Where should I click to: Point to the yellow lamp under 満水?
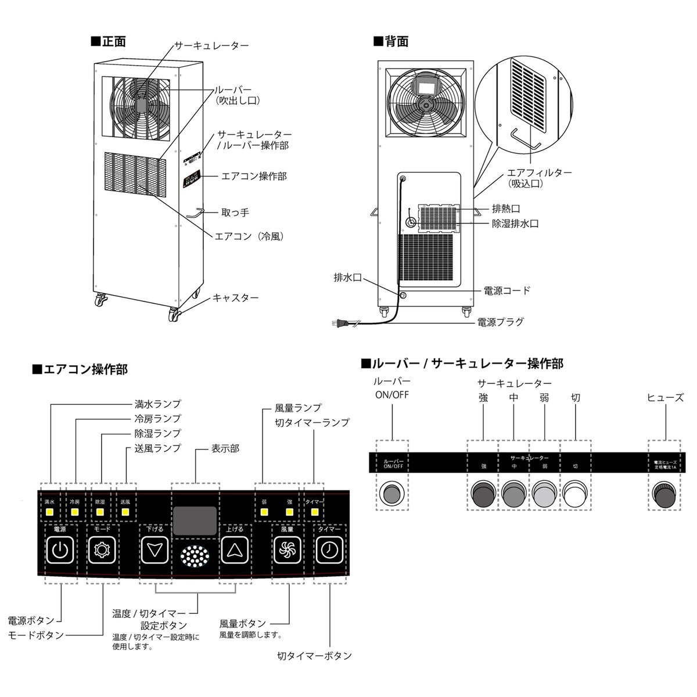click(x=49, y=513)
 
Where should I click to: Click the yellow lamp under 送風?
click(x=125, y=513)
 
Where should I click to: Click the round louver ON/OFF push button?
click(x=393, y=494)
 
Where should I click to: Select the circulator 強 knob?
click(x=483, y=494)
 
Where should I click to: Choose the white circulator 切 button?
click(x=574, y=494)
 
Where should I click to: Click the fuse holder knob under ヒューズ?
click(x=664, y=494)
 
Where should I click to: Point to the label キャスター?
click(x=235, y=297)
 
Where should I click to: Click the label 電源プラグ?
click(x=500, y=321)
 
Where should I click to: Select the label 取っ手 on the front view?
click(x=236, y=213)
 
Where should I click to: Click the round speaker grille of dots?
click(x=195, y=557)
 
